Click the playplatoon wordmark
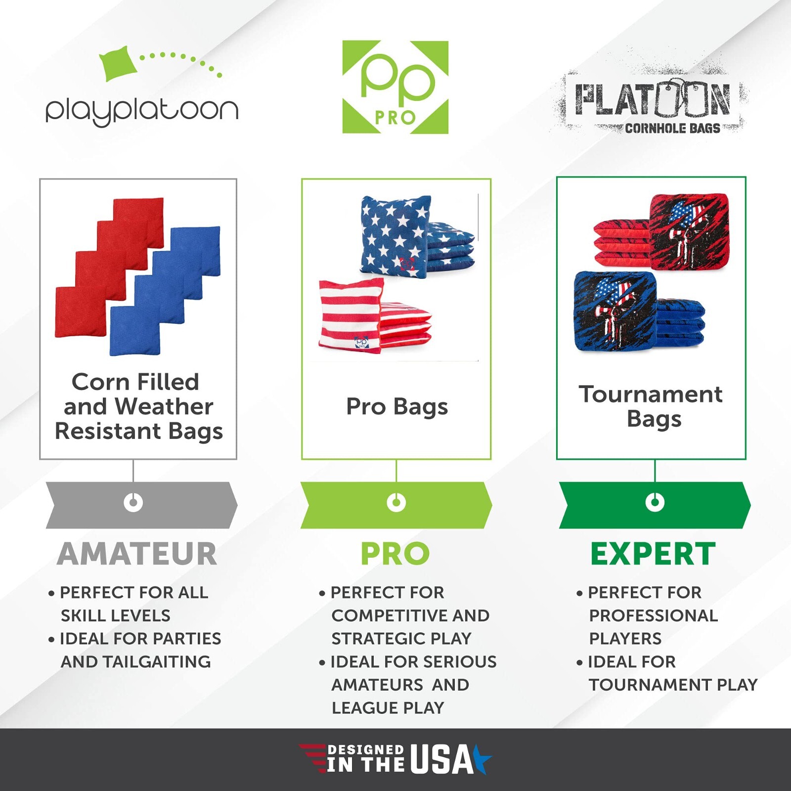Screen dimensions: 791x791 (142, 110)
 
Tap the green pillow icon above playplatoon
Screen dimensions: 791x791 (119, 63)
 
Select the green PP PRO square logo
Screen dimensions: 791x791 (395, 87)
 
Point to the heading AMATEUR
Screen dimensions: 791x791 (137, 554)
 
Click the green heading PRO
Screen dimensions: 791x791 (395, 554)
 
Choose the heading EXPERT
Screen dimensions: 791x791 (653, 554)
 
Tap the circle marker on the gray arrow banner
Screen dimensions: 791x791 (133, 503)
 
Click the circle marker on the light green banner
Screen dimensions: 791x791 (396, 503)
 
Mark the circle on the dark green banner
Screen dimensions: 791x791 (655, 503)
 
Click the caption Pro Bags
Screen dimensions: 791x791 (397, 407)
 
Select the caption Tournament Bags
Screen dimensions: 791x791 (651, 406)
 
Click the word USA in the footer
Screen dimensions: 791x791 (441, 760)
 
